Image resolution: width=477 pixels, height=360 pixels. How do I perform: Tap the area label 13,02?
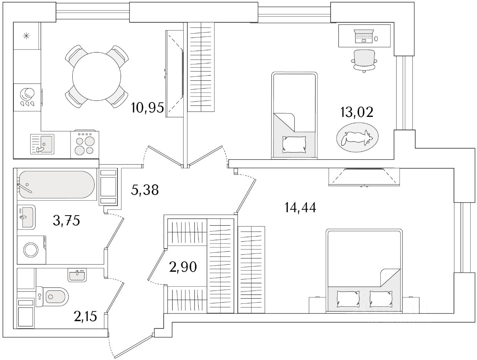(356, 112)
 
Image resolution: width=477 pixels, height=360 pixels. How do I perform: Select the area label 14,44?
(300, 208)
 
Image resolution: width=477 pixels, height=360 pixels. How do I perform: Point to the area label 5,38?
(145, 190)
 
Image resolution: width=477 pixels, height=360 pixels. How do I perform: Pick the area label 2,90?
(182, 267)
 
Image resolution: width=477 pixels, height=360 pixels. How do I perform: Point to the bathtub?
(56, 185)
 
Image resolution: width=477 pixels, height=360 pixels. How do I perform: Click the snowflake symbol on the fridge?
(26, 36)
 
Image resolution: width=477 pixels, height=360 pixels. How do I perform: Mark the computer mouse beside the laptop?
(376, 39)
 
